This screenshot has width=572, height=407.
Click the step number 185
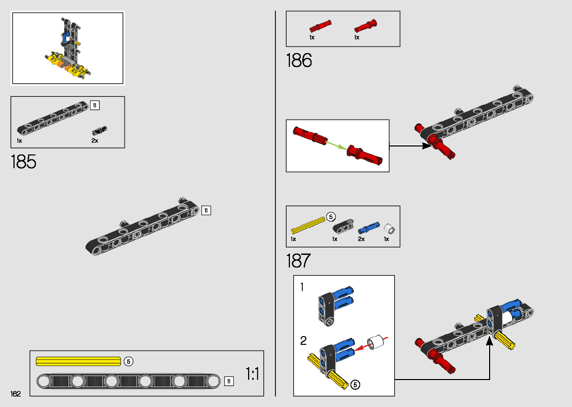(x=24, y=162)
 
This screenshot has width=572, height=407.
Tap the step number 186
(x=299, y=61)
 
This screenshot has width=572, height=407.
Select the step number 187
(x=298, y=261)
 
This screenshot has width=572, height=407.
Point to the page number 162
(x=16, y=394)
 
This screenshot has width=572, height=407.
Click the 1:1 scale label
(x=252, y=374)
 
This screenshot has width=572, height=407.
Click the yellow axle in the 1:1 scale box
(x=78, y=361)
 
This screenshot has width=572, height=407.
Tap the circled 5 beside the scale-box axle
(x=129, y=361)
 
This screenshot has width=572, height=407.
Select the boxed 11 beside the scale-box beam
(x=229, y=381)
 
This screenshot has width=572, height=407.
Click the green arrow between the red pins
(x=336, y=145)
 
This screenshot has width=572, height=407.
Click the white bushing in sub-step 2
(x=376, y=342)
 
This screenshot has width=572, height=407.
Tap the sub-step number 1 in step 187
(x=302, y=287)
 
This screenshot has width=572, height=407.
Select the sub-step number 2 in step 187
(x=303, y=340)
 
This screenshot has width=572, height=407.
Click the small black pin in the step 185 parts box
(x=99, y=131)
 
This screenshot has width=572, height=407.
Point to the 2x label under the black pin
(x=95, y=141)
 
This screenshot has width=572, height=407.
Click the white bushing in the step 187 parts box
(x=389, y=228)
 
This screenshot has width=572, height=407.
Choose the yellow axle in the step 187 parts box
(x=308, y=225)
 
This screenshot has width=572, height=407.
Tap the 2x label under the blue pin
(x=361, y=239)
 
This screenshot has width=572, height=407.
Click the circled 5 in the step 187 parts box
(x=331, y=217)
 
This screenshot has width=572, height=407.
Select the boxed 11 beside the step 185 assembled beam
(x=206, y=210)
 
